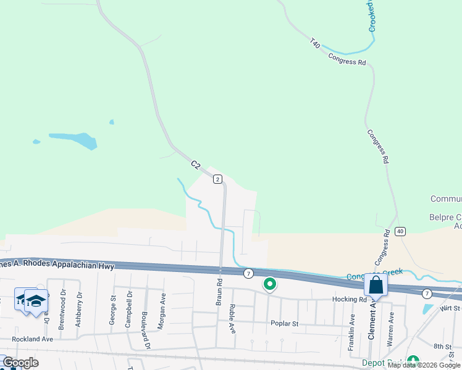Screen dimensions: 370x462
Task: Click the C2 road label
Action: click(196, 165)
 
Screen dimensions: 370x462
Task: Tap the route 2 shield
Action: click(217, 179)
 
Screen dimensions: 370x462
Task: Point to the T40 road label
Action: click(315, 44)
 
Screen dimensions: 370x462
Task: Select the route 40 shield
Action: click(401, 231)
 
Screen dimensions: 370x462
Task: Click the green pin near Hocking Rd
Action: click(270, 284)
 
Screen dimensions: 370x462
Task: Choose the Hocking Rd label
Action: click(353, 300)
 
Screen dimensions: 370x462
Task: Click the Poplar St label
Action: click(284, 323)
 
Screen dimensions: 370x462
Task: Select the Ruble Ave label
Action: click(233, 319)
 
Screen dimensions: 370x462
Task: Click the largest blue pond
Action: click(74, 139)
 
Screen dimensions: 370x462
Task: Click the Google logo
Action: click(20, 363)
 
